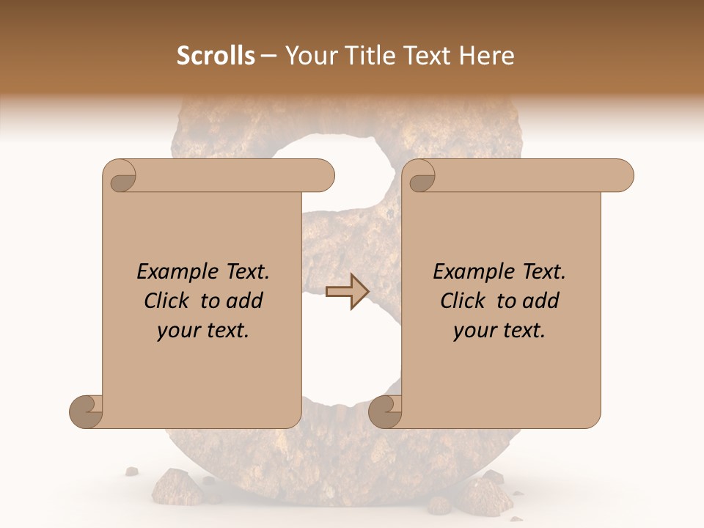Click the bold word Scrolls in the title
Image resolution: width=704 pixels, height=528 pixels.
[x=216, y=56]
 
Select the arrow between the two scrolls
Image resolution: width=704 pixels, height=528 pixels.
[x=348, y=291]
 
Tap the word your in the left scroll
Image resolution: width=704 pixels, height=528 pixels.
[x=177, y=331]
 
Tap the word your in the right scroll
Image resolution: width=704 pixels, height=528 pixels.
[x=474, y=331]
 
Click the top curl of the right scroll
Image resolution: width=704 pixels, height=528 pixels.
[x=421, y=177]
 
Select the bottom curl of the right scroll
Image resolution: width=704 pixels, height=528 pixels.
[x=386, y=411]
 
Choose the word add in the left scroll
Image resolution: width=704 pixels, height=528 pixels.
[x=246, y=301]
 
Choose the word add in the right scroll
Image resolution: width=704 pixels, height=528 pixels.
[x=542, y=301]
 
